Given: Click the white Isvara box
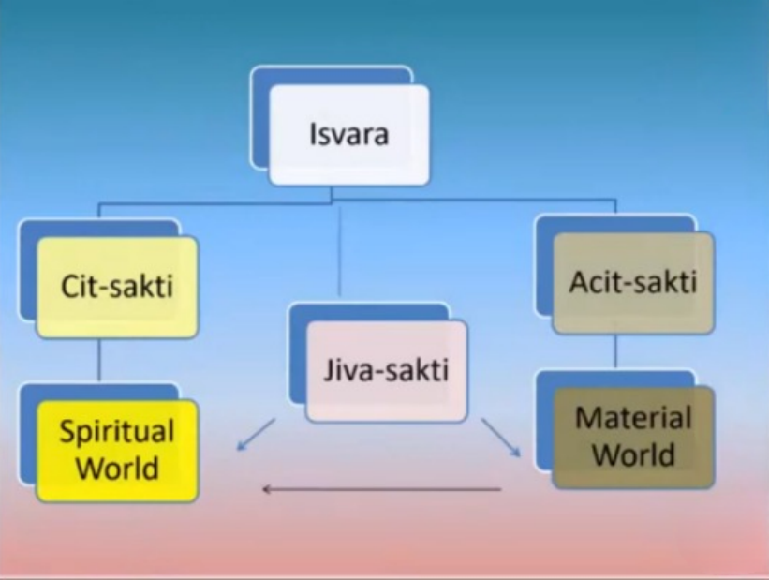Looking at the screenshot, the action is click(349, 135).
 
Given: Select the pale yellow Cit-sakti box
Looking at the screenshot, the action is click(118, 287).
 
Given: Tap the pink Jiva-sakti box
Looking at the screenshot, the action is click(387, 371).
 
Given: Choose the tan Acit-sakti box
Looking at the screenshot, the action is click(633, 283).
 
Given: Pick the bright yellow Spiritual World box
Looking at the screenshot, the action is click(118, 451).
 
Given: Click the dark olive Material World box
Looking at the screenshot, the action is click(633, 438).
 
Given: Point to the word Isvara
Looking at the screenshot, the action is click(349, 134).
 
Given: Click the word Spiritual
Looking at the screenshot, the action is click(117, 432).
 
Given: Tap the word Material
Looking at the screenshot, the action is click(633, 418).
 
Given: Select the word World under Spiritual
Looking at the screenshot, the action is click(117, 468).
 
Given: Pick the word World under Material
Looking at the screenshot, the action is click(633, 454).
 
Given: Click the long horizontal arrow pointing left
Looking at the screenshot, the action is click(382, 489).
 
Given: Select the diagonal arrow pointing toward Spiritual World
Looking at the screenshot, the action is click(256, 434).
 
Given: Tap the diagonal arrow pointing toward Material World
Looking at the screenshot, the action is click(501, 438).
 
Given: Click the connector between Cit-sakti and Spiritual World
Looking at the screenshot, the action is click(99, 361).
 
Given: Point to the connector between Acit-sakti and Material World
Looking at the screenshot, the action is click(616, 351).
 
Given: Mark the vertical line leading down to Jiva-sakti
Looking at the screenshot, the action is click(339, 250).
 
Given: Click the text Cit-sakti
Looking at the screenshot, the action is click(117, 286).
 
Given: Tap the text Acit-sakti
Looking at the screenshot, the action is click(633, 283).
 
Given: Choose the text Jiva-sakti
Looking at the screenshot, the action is click(386, 370).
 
